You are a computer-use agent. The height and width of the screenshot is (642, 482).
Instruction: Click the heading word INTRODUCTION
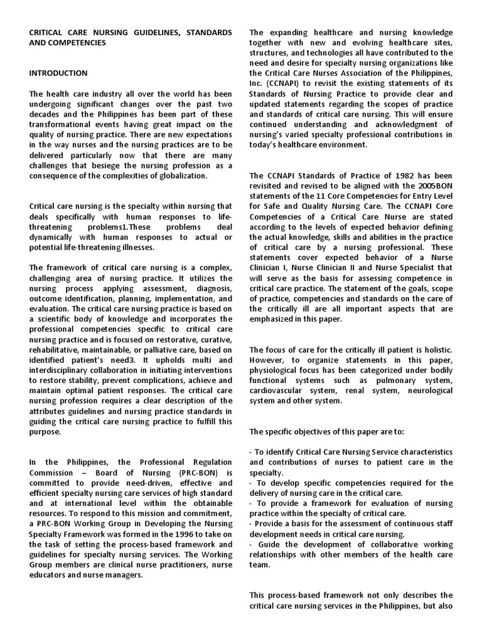(58, 73)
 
